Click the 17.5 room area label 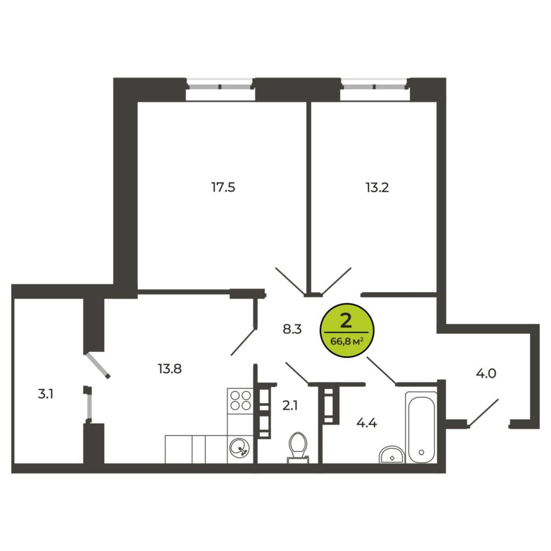223,188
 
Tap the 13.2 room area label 377,188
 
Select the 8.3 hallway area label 292,329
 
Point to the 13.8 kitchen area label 170,369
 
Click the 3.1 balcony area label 46,395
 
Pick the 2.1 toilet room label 290,406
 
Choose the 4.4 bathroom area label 367,423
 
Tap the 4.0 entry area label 486,373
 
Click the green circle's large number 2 346,322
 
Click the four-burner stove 241,401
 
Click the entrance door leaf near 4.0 484,413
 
